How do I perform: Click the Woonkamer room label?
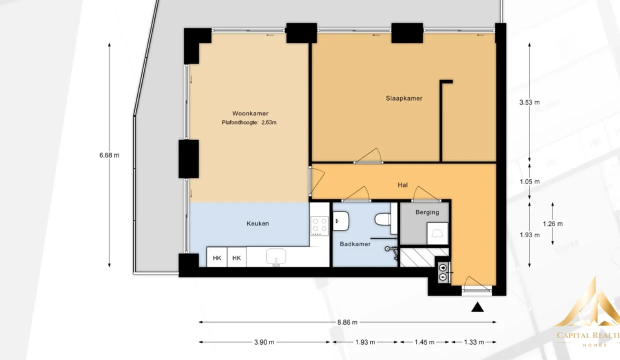[250, 113]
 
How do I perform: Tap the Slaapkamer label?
[404, 98]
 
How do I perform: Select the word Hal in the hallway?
[402, 185]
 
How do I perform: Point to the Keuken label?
[257, 223]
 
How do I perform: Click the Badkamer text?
[355, 244]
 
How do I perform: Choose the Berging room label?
[427, 212]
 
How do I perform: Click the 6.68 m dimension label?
[109, 155]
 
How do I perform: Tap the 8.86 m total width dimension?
[347, 322]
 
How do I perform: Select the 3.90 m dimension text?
[264, 342]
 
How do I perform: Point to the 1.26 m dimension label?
[552, 224]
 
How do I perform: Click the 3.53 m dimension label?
[529, 102]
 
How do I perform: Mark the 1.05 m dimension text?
[529, 182]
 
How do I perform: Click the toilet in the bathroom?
[383, 219]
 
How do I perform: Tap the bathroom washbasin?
[340, 221]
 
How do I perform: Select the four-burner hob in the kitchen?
[319, 226]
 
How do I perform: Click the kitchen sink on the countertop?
[276, 257]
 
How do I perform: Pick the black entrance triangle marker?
[477, 307]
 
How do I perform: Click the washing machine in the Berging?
[437, 234]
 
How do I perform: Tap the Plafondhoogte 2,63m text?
[249, 122]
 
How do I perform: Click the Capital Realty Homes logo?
[588, 312]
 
